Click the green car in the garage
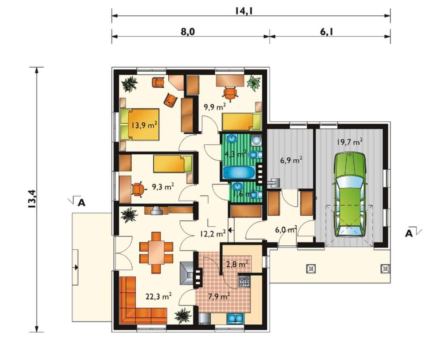pyautogui.click(x=349, y=195)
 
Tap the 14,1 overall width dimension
pyautogui.click(x=244, y=11)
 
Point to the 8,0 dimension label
pyautogui.click(x=188, y=32)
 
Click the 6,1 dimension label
pyautogui.click(x=327, y=32)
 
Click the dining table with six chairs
pyautogui.click(x=156, y=252)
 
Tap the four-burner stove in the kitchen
pyautogui.click(x=244, y=282)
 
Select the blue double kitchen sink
pyautogui.click(x=235, y=318)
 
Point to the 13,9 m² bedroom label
pyautogui.click(x=144, y=125)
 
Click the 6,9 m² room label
pyautogui.click(x=291, y=160)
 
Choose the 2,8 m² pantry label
pyautogui.click(x=237, y=263)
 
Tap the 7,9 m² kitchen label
pyautogui.click(x=219, y=297)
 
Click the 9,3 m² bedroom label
pyautogui.click(x=163, y=187)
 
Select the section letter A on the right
pyautogui.click(x=409, y=233)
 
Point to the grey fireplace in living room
pyautogui.click(x=187, y=273)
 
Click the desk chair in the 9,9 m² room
pyautogui.click(x=230, y=93)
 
